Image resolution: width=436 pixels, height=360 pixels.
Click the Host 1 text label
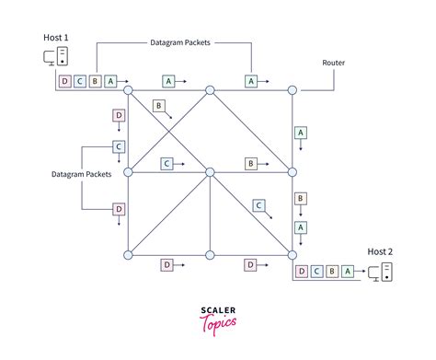coord(55,37)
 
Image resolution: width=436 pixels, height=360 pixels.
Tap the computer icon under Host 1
coord(55,57)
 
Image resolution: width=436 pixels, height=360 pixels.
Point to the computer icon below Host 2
coord(380,272)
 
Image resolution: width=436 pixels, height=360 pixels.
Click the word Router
coord(334,63)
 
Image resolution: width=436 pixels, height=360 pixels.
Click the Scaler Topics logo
coord(217,317)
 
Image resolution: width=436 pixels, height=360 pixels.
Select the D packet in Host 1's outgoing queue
coord(64,81)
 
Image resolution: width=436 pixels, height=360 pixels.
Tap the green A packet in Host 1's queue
coord(110,81)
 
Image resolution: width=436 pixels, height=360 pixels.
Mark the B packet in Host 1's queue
coord(95,81)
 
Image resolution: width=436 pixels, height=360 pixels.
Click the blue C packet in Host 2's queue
coord(316,272)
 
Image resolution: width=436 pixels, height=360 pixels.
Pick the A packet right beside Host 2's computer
coord(347,272)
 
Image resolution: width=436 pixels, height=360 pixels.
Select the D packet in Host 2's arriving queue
coord(301,272)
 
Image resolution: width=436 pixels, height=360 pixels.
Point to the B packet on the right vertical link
coord(300,199)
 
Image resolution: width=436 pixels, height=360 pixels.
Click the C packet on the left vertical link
coord(118,146)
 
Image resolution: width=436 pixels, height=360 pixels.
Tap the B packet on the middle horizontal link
coord(250,163)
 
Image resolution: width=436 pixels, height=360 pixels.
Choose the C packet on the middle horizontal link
coord(167,163)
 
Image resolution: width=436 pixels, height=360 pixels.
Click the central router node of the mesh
coord(210,172)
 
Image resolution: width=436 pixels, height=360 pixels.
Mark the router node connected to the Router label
coord(293,90)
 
